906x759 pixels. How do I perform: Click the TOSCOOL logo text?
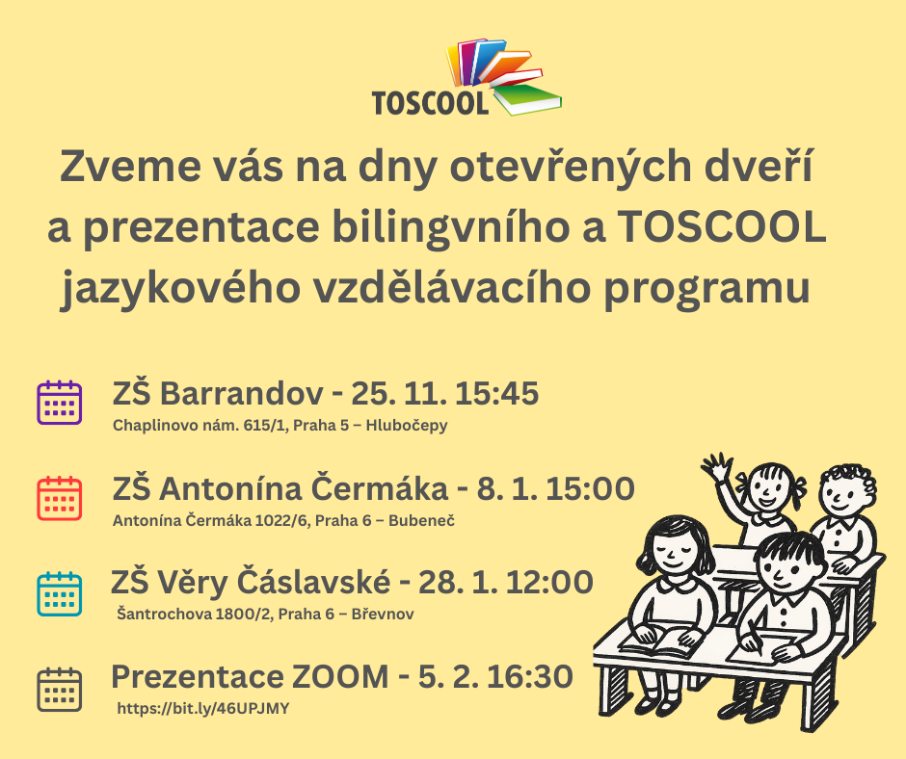(x=431, y=103)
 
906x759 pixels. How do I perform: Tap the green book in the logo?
(x=528, y=98)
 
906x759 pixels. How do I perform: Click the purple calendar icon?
(x=60, y=403)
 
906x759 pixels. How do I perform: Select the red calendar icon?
(x=60, y=499)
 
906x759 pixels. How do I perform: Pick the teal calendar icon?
(x=60, y=593)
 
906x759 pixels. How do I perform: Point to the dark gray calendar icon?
(x=60, y=690)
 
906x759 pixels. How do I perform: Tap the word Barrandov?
(x=242, y=393)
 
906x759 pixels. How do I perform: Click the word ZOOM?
(x=340, y=676)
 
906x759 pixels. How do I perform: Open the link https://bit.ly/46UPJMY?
(x=202, y=709)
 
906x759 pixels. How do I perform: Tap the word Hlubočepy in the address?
(x=407, y=426)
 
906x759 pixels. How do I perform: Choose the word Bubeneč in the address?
(x=421, y=520)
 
